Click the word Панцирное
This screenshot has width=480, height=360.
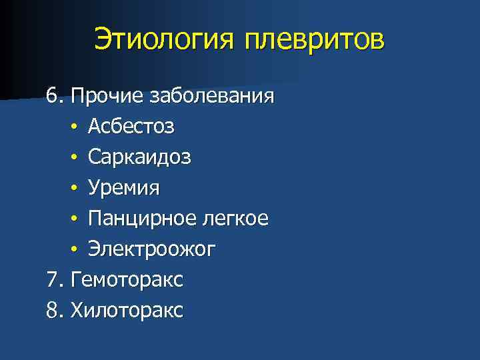click(140, 219)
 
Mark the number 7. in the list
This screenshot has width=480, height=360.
click(55, 280)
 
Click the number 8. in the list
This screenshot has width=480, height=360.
click(55, 311)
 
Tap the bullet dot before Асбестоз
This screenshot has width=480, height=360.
click(76, 127)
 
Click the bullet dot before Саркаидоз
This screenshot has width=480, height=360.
click(76, 158)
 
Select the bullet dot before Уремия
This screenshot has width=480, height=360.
click(76, 189)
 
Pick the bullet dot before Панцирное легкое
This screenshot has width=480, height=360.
click(76, 219)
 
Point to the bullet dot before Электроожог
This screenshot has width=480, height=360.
click(76, 250)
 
